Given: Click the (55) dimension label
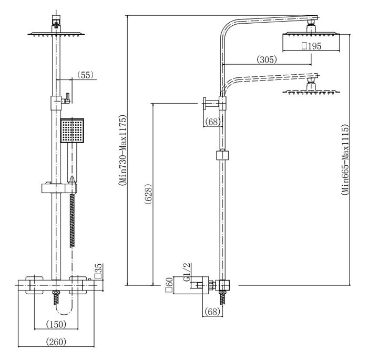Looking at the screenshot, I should coord(85,75).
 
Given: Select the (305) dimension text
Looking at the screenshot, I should coord(267,60).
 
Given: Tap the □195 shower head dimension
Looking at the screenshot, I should coord(311,47).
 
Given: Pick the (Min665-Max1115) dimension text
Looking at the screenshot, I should coord(345,160).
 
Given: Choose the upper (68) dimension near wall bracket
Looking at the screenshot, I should coord(212,122).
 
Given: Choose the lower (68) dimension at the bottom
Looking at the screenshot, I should coord(212,312).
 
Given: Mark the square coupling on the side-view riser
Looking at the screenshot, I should coord(223,156).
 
